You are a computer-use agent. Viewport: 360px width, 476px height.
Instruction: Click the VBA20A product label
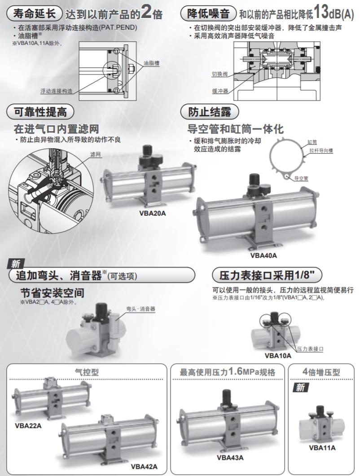tap(152, 213)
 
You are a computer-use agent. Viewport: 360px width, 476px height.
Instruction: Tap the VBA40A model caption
tap(263, 256)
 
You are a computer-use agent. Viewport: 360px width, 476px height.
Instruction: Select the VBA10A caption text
tap(278, 356)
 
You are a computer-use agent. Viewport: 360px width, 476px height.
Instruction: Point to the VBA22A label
tap(28, 426)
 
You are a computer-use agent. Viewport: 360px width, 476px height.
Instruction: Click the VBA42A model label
tap(144, 467)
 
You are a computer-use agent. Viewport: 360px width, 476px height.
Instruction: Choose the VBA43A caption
tap(230, 458)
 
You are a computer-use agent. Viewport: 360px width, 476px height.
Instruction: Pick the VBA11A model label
tap(322, 447)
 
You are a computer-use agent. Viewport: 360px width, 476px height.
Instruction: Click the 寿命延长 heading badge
tap(35, 13)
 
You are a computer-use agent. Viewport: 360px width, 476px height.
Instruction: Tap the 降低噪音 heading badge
tap(208, 13)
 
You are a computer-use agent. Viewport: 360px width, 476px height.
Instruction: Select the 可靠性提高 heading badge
tap(40, 112)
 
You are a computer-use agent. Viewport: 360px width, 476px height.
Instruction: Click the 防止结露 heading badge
tap(210, 112)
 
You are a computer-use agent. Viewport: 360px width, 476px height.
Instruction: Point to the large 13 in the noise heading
tap(321, 12)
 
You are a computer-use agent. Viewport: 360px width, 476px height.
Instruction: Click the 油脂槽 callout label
tap(151, 63)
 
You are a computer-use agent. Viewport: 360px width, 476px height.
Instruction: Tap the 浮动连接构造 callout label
tap(57, 91)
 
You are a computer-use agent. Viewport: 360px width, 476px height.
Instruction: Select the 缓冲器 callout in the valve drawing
tap(220, 90)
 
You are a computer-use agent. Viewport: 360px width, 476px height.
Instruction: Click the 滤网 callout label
tap(96, 154)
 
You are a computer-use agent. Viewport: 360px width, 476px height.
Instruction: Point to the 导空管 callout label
tap(301, 178)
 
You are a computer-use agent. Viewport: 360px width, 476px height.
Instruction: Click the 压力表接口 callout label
tap(310, 349)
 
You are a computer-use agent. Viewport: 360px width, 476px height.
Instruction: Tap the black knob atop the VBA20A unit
tap(148, 150)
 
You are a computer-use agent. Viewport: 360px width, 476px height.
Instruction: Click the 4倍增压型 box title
tap(321, 372)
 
